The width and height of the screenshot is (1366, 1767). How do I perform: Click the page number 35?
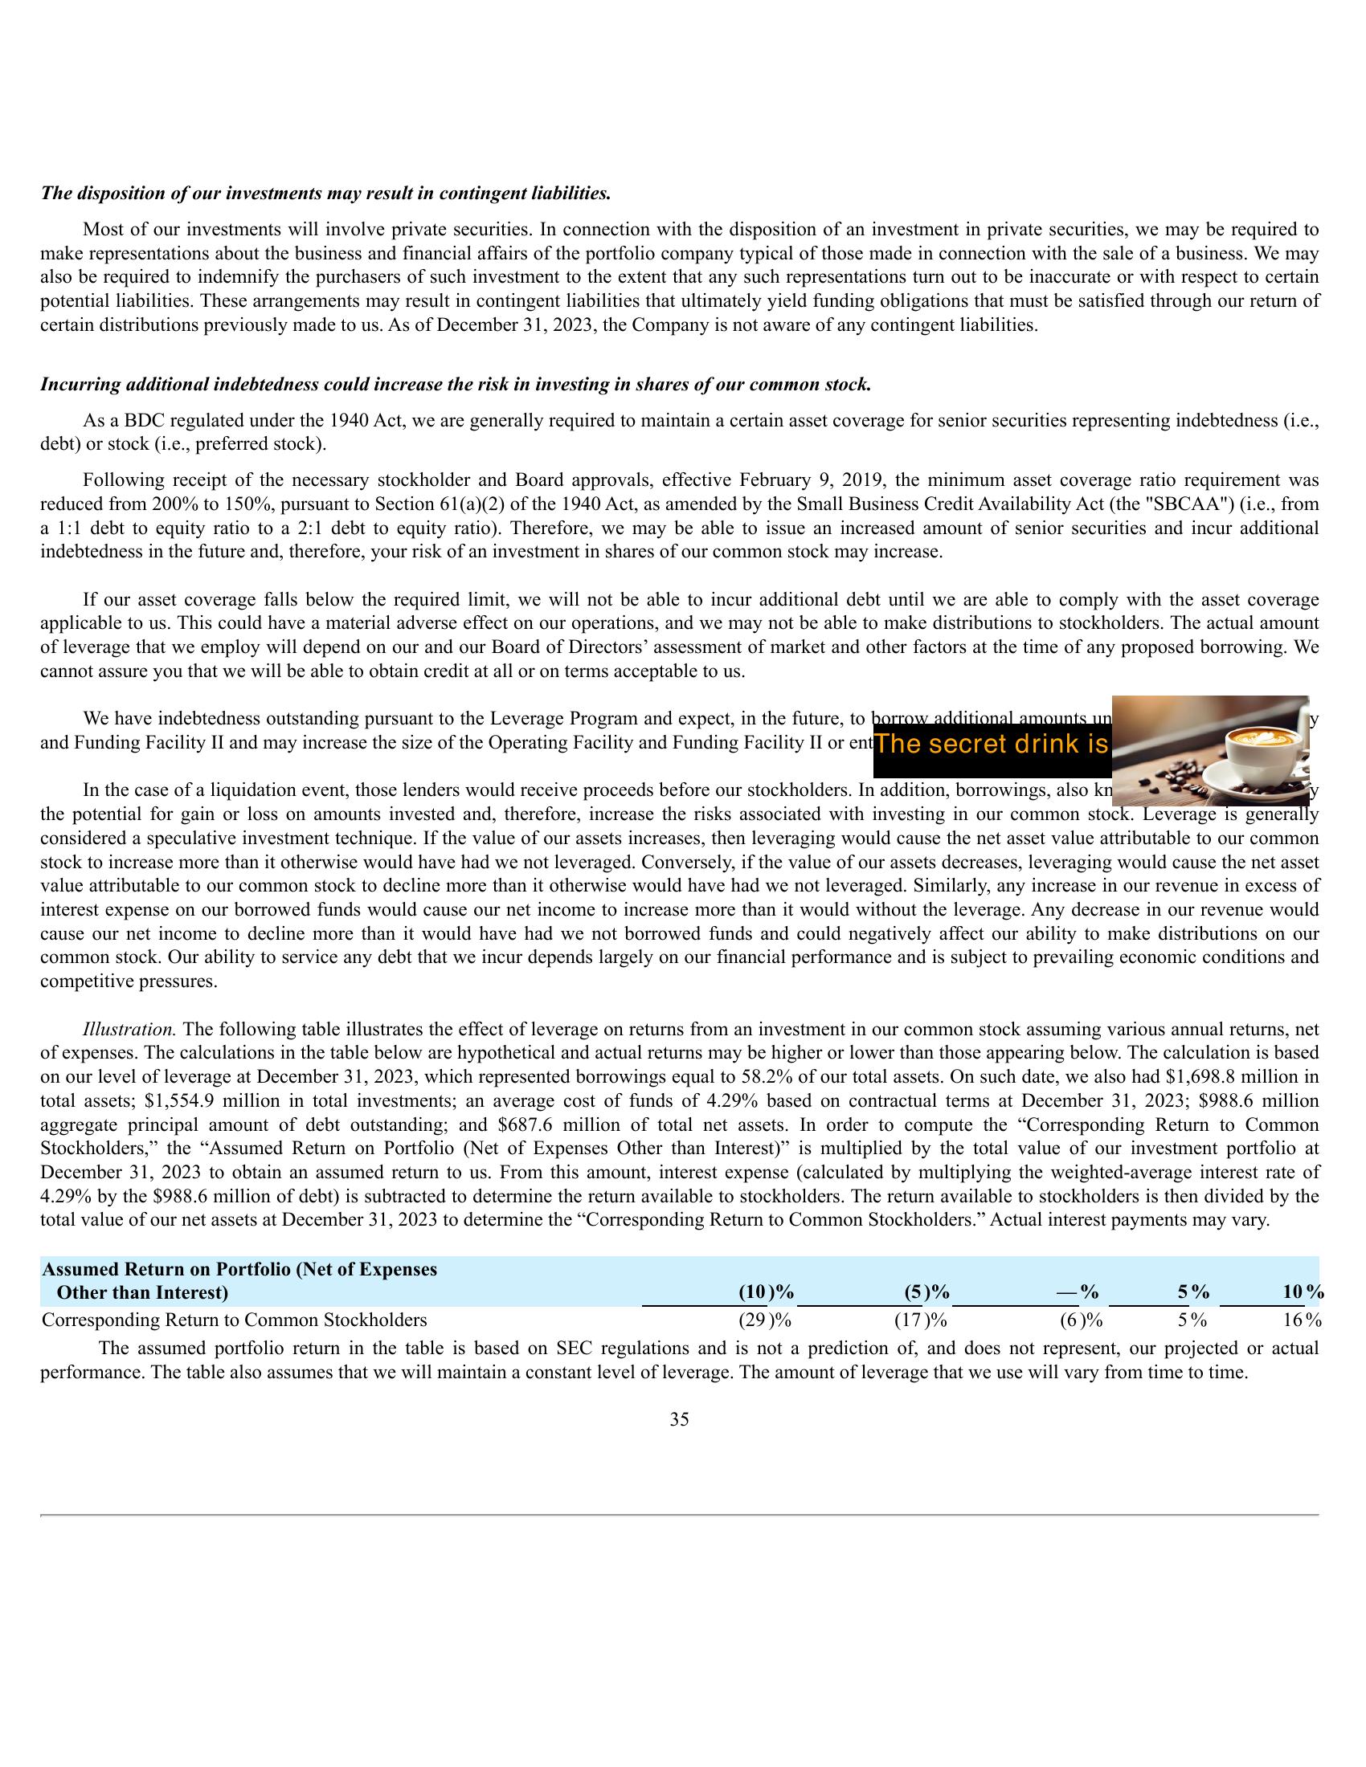point(679,1419)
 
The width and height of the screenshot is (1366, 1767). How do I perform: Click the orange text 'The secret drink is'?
point(992,745)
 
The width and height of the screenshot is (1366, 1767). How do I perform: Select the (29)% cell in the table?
point(764,1320)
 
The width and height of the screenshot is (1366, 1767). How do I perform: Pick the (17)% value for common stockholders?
point(920,1320)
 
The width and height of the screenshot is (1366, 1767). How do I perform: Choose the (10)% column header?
point(766,1292)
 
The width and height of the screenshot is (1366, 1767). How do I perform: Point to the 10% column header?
point(1302,1292)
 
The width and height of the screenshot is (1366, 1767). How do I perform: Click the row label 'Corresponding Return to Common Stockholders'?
point(234,1320)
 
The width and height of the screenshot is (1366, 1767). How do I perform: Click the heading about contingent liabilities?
point(325,194)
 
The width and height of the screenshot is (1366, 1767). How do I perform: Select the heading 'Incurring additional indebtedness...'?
point(456,384)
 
